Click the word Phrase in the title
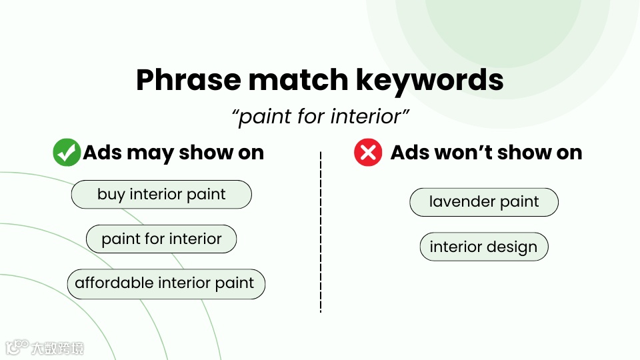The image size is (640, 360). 188,80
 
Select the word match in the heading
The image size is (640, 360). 299,80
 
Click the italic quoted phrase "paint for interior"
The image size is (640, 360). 321,116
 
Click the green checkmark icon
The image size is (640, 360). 67,152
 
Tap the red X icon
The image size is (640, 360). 368,152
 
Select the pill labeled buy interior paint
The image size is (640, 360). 161,194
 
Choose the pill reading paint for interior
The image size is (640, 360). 161,239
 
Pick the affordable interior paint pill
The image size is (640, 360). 166,284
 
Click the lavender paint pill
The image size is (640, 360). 484,202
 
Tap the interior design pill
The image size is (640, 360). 484,247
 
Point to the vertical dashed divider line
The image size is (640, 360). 321,232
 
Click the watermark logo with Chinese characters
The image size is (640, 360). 45,348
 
